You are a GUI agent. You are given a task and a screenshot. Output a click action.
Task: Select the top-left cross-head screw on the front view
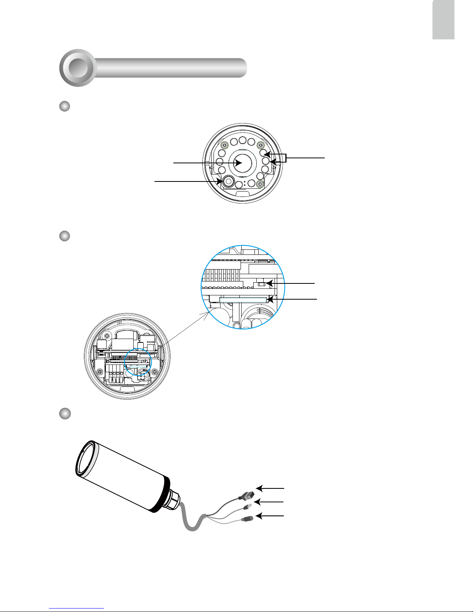[224, 145]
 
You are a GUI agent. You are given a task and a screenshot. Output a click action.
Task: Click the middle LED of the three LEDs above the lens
[242, 140]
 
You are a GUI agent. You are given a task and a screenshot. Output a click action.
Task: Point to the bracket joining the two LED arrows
[286, 158]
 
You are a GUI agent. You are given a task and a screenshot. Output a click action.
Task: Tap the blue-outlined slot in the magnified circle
[243, 300]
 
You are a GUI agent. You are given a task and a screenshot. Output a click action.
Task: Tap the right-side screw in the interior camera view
[154, 372]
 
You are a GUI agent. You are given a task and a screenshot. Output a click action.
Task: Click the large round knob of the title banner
[78, 68]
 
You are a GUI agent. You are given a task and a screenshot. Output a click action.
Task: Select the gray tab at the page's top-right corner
[443, 20]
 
